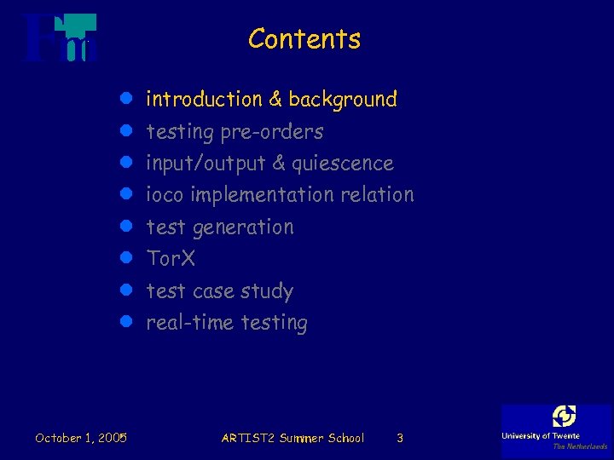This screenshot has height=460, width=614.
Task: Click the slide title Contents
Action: pos(304,39)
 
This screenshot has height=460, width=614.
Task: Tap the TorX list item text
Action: pos(171,258)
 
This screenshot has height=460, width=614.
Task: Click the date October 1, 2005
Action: pos(81,438)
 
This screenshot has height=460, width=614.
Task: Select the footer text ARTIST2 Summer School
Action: pos(293,438)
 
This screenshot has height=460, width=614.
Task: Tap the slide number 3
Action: pos(400,438)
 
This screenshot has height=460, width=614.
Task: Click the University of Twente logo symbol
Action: pos(564,416)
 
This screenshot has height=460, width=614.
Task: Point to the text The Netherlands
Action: pos(580,446)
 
